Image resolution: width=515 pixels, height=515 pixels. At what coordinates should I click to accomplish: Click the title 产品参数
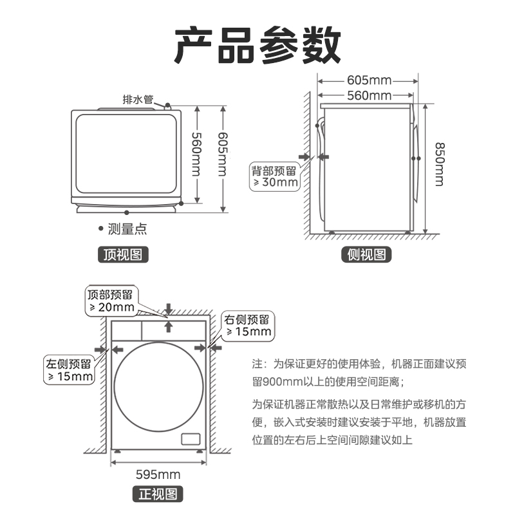257,45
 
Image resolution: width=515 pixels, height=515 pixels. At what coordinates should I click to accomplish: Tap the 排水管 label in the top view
138,100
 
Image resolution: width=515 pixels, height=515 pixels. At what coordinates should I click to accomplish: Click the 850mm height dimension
438,164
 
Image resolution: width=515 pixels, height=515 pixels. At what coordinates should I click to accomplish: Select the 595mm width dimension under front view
158,475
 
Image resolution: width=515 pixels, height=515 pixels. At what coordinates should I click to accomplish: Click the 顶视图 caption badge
122,254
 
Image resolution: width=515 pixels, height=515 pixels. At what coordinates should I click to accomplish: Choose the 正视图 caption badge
158,494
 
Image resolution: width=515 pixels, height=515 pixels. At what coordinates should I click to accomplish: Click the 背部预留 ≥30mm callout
275,176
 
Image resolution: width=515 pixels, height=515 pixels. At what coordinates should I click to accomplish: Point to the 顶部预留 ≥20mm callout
111,301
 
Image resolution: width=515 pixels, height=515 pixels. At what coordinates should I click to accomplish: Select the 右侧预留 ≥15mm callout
247,326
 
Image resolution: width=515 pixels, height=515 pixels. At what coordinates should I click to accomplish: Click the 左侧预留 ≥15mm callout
68,369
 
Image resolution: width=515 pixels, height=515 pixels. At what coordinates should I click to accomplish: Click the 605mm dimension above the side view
369,81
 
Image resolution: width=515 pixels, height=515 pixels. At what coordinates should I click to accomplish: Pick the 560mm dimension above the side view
369,96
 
